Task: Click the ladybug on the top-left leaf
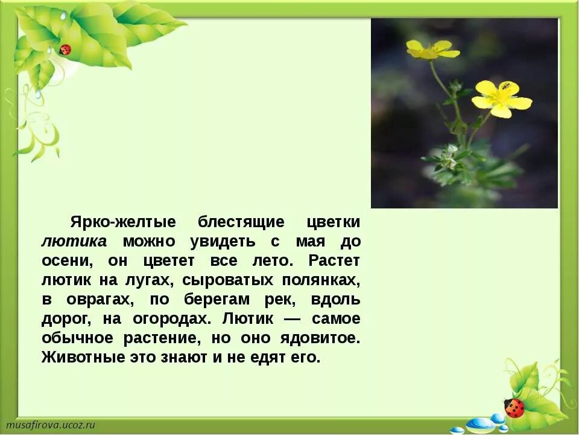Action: pos(65,50)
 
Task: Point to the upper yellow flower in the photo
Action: pos(432,50)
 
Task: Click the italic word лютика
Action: pos(74,241)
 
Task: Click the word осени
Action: pos(66,260)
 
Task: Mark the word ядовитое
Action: pos(320,338)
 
